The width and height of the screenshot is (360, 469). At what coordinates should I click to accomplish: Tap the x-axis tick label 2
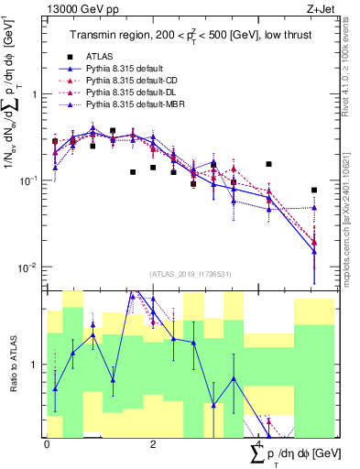[153, 443]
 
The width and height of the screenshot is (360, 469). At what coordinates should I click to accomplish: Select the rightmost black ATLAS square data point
[314, 191]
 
